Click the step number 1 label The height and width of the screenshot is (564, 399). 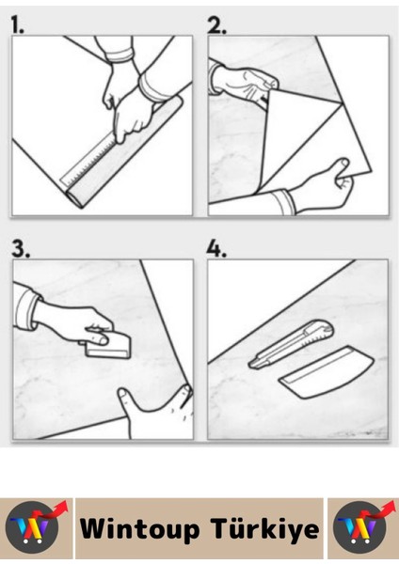tap(17, 24)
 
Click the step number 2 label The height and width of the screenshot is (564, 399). tap(216, 25)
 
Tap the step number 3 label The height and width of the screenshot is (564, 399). tap(21, 248)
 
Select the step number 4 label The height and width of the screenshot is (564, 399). tap(216, 249)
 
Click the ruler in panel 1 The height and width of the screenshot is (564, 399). tap(90, 160)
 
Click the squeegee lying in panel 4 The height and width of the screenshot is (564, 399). tap(327, 372)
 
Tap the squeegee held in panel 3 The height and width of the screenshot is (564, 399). tap(108, 345)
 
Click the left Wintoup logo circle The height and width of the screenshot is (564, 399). tap(32, 527)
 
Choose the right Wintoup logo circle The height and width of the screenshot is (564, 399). tap(359, 527)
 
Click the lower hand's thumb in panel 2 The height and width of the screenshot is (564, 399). tap(342, 168)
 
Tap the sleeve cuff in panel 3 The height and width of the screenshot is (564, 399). tap(26, 309)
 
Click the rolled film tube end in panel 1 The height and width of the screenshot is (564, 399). tap(74, 199)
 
